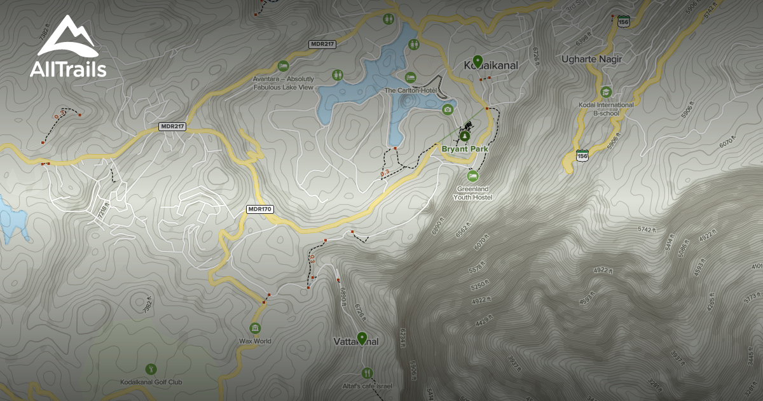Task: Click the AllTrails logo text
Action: click(x=68, y=69)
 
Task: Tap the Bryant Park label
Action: click(x=465, y=149)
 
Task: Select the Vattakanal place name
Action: click(x=356, y=342)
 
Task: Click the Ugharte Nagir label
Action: click(x=592, y=59)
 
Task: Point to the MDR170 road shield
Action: click(x=259, y=209)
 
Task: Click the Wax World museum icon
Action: click(x=255, y=328)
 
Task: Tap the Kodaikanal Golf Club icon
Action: click(x=151, y=369)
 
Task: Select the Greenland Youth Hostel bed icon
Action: click(x=472, y=176)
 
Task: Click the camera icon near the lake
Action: click(x=448, y=109)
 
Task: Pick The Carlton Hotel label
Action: click(x=409, y=90)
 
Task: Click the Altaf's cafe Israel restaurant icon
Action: click(x=366, y=373)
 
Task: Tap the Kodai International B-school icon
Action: click(x=605, y=92)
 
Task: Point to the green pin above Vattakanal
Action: click(x=362, y=337)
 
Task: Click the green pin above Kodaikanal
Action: click(x=478, y=60)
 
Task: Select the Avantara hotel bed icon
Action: click(x=283, y=66)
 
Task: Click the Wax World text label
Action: click(x=255, y=341)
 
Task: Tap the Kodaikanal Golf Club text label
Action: click(x=151, y=382)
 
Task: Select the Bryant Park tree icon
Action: click(x=465, y=136)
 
